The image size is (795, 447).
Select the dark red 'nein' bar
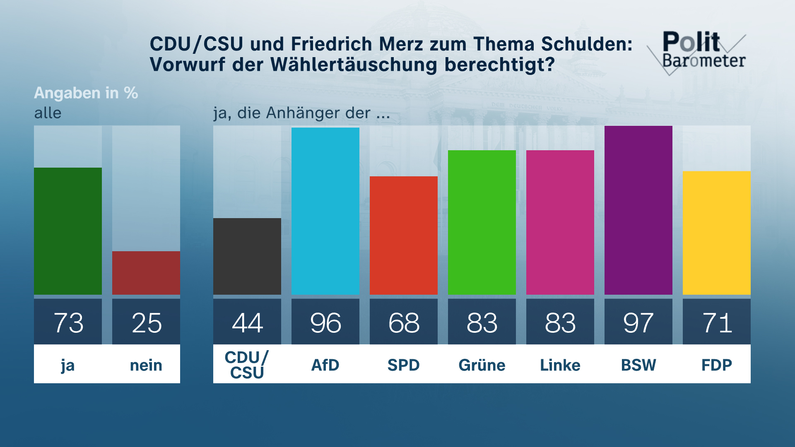tap(146, 273)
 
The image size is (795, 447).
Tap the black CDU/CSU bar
tap(247, 256)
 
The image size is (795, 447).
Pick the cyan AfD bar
tap(325, 211)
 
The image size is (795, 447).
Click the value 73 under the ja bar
tap(68, 323)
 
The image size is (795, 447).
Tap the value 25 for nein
tap(146, 323)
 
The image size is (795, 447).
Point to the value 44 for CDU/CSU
tap(247, 323)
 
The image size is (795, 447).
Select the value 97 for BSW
tap(638, 323)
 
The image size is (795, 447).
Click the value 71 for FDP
tap(717, 323)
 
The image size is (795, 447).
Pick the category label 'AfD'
tap(325, 365)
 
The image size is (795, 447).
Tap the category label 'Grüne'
tap(482, 365)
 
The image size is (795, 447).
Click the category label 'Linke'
tap(560, 365)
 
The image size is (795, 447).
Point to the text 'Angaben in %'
tap(86, 93)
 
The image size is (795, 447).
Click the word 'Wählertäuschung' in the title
tap(354, 65)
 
